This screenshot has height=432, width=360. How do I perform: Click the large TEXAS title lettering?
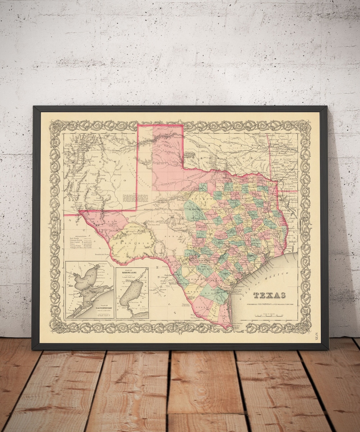269,295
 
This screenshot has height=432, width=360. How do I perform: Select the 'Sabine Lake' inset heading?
131,271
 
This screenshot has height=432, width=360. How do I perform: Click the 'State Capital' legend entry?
76,242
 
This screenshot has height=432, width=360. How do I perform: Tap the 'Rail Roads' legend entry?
73,238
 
